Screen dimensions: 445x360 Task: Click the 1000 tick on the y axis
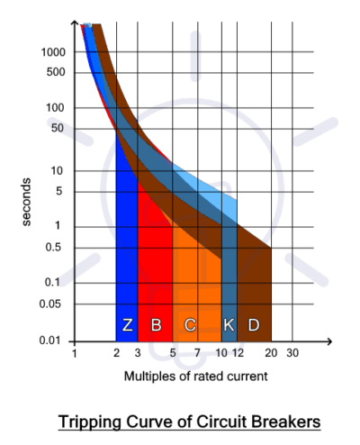53,52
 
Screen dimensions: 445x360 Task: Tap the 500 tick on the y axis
56,72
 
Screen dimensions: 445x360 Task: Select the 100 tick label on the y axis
56,108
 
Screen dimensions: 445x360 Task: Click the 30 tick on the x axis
292,353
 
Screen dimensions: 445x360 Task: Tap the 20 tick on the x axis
271,353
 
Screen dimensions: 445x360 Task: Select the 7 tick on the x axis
197,353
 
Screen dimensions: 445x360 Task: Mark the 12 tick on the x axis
238,353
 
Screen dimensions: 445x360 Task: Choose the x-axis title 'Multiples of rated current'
195,376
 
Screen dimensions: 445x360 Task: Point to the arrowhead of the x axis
329,341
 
